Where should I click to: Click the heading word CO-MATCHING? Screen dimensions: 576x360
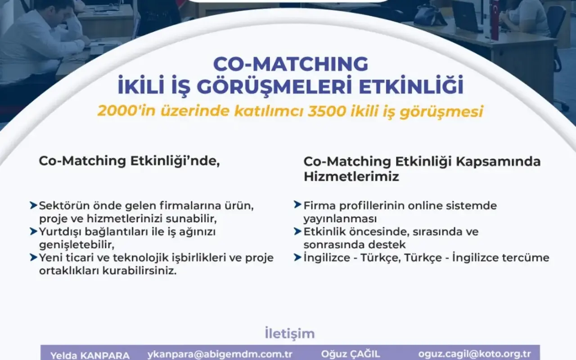pos(291,64)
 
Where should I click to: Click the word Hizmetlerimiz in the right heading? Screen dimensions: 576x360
pos(351,177)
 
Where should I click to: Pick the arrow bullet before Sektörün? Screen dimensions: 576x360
pos(34,206)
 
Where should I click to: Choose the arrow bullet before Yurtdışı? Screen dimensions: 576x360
pos(34,231)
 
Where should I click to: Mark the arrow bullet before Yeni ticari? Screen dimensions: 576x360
pos(34,257)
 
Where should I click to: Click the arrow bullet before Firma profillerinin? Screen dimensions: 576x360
pos(297,205)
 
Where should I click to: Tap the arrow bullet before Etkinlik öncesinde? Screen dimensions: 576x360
pos(297,231)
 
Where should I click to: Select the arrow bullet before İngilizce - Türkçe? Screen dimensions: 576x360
pos(297,257)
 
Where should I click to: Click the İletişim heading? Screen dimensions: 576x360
pos(290,333)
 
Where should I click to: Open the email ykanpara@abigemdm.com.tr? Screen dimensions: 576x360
pos(220,354)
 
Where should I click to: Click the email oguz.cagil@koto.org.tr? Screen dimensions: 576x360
pos(475,354)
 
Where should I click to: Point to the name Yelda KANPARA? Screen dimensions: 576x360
pos(90,355)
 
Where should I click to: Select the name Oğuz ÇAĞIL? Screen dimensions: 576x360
pos(351,354)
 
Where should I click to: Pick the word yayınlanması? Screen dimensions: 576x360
pos(340,219)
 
